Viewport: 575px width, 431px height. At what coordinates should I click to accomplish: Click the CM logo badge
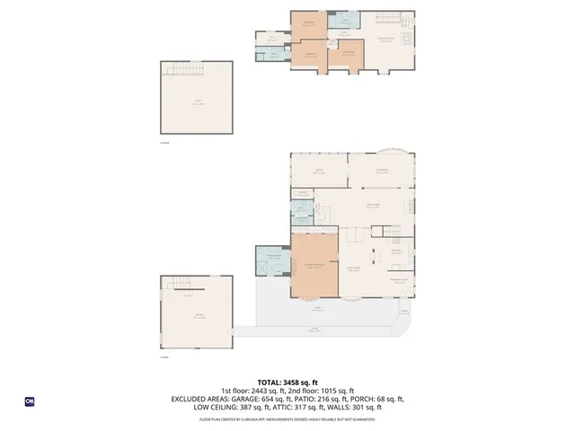pyautogui.click(x=30, y=401)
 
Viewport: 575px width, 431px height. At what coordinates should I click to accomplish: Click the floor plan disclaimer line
pyautogui.click(x=287, y=418)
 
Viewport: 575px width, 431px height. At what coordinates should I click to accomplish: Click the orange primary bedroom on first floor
pyautogui.click(x=314, y=266)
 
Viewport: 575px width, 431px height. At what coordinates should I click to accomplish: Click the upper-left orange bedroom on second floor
pyautogui.click(x=309, y=24)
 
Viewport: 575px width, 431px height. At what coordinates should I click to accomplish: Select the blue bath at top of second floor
pyautogui.click(x=342, y=22)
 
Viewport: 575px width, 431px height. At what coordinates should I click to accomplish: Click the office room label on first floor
pyautogui.click(x=318, y=170)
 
